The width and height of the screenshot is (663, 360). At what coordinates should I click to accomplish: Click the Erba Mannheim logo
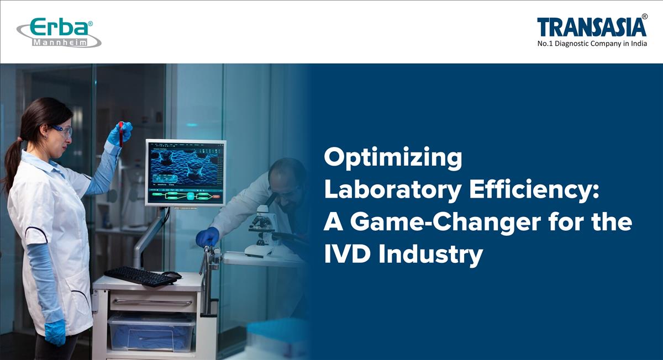[59, 33]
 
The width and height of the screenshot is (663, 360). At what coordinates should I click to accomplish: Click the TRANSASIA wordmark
[591, 27]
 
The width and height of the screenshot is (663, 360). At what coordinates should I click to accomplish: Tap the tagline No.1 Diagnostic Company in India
[592, 44]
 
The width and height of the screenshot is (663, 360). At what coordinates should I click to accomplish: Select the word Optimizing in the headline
[393, 159]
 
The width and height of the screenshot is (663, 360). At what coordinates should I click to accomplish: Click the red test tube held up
[121, 134]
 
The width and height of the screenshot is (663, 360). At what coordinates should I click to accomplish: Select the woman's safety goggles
[62, 130]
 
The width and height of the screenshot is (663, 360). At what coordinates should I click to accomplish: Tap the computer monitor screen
[186, 172]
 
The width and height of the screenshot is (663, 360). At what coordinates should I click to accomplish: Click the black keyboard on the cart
[139, 276]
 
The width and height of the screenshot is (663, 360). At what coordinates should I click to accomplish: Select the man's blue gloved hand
[207, 237]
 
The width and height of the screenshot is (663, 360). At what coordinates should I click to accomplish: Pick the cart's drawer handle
[152, 302]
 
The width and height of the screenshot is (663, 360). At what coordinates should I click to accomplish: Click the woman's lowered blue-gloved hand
[55, 332]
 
